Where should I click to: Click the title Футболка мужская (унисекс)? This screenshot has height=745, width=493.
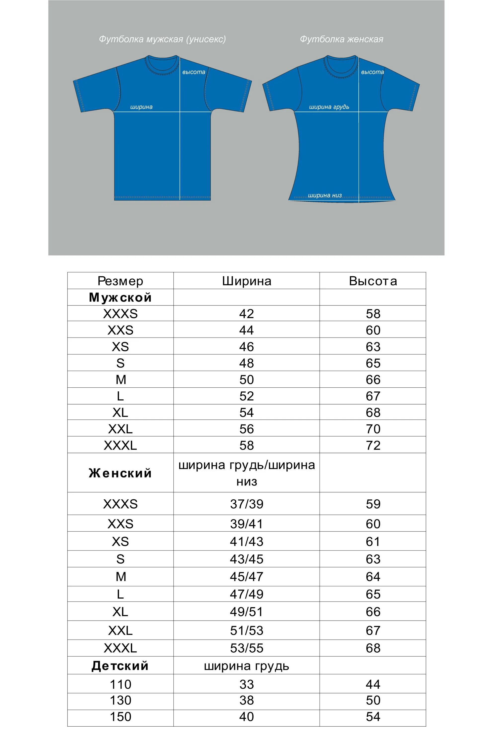pos(162,39)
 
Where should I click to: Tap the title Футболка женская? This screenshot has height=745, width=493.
pos(341,39)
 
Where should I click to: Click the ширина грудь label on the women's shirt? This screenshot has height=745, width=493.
pos(329,107)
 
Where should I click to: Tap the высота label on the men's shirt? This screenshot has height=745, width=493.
pos(194,72)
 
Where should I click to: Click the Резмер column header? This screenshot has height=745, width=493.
pos(120,281)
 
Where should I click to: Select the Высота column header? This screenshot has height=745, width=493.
pos(373,281)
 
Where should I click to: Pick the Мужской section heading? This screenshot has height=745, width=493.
pos(120,297)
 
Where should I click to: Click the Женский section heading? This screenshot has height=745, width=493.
pos(120,473)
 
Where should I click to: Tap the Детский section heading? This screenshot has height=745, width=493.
pos(120,666)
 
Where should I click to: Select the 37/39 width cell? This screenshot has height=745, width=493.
pos(246,504)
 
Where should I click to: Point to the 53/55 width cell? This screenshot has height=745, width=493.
pos(246,648)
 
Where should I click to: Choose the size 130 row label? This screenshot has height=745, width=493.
pos(120,700)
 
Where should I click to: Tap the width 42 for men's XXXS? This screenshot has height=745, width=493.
pos(246,314)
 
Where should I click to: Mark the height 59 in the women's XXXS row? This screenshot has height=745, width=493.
pos(373,504)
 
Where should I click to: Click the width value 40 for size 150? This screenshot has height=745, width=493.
pos(246,717)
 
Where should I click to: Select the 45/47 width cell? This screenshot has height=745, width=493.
pos(246,577)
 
